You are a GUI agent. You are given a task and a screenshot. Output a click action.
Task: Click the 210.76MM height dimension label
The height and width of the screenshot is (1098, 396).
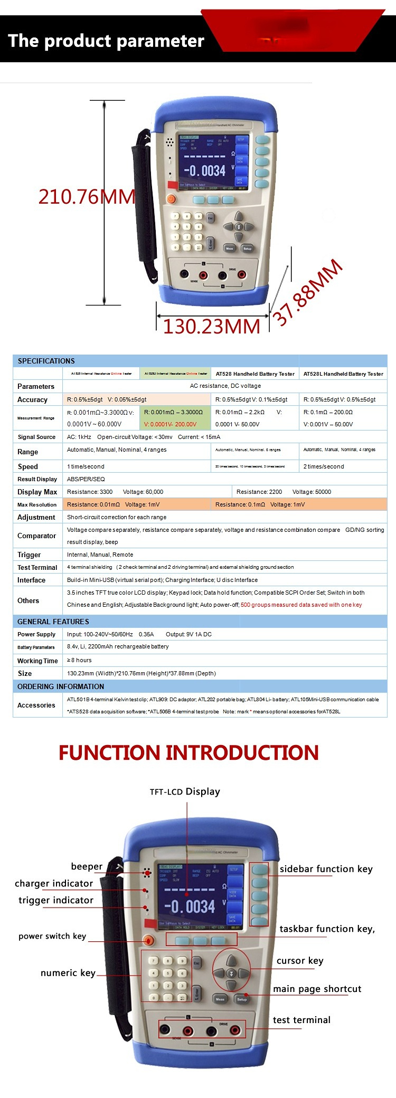tap(87, 197)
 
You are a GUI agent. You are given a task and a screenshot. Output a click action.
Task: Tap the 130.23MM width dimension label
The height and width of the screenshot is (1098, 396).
tap(211, 327)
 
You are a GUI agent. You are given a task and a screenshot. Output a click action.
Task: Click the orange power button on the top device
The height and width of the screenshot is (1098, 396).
tap(171, 199)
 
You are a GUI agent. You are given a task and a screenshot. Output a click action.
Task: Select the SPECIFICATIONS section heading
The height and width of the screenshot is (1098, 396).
tap(46, 361)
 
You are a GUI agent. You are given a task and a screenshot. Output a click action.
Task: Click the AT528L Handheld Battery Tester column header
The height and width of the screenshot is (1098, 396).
tap(343, 374)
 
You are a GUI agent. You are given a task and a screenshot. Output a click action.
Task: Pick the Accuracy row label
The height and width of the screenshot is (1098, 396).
tap(32, 399)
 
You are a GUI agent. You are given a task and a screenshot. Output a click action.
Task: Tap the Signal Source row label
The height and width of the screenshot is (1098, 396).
tap(36, 437)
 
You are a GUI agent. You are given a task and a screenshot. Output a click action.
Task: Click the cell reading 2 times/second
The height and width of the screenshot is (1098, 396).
tap(323, 466)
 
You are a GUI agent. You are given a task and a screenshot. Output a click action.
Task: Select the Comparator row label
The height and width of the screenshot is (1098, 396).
tap(36, 536)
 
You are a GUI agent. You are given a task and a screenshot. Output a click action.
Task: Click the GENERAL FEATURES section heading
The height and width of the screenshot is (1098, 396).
tap(53, 622)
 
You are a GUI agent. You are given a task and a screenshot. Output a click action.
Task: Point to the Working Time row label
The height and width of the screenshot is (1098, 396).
tap(37, 661)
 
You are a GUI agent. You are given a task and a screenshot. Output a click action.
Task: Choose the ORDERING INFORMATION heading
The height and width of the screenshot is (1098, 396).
tap(61, 686)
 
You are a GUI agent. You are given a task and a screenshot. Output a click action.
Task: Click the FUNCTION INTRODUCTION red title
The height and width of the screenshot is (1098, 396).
tap(188, 752)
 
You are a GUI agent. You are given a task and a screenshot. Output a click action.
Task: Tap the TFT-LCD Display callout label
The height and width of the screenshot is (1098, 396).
tap(185, 791)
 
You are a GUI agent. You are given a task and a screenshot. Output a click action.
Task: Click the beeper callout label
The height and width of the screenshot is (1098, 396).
tap(87, 866)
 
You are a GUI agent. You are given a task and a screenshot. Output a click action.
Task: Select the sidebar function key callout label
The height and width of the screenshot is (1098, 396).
tap(326, 869)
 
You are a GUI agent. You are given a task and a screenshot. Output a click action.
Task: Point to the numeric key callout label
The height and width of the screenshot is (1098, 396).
tap(68, 972)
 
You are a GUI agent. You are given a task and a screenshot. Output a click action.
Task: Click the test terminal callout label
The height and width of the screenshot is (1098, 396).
tap(301, 1020)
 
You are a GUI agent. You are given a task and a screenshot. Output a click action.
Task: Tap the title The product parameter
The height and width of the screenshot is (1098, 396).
tap(106, 41)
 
